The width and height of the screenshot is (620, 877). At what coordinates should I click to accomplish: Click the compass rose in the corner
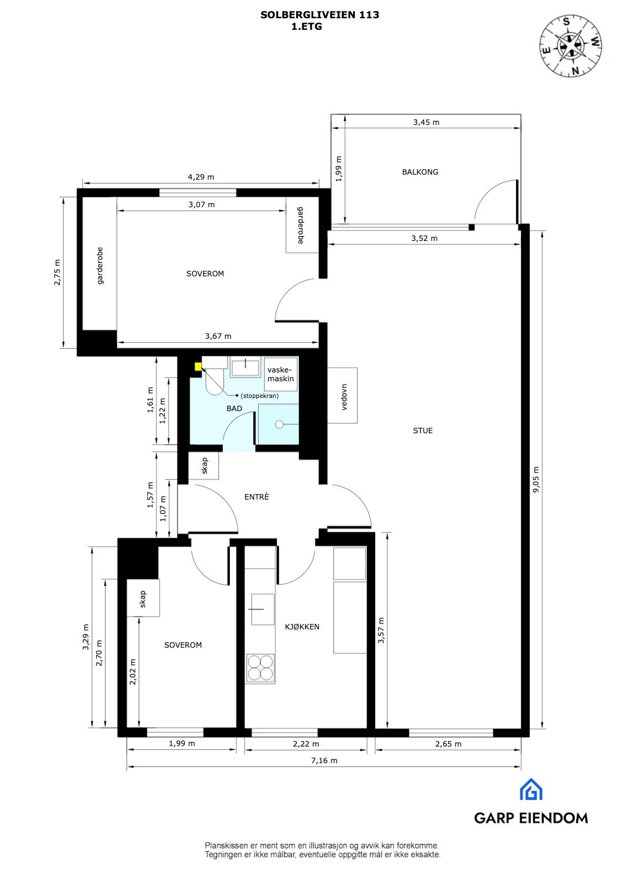point(571,46)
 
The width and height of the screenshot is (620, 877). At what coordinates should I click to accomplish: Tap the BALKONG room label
point(420,172)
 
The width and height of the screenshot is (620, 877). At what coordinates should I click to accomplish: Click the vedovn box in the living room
point(342,396)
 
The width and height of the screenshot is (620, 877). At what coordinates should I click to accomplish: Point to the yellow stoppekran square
point(198,366)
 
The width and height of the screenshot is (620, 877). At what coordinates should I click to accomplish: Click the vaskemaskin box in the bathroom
point(280,375)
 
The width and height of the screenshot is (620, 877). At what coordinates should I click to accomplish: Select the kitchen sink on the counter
point(263,609)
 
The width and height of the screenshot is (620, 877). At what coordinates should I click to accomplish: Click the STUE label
point(423,430)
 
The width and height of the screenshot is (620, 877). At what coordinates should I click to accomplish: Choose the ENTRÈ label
point(256,497)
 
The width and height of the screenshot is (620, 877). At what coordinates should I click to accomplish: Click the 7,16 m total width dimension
point(324,760)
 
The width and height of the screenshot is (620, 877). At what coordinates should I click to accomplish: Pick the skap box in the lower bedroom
point(143,598)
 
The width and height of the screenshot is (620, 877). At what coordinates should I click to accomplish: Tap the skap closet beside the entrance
point(204,466)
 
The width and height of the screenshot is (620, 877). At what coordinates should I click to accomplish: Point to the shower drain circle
point(279,424)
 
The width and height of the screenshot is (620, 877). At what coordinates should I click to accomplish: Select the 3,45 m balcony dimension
point(426,122)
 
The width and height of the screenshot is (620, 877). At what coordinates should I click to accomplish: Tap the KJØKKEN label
point(302,627)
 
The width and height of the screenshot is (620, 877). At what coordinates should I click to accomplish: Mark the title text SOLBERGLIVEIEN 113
point(319,15)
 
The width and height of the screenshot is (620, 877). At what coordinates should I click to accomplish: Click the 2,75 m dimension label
point(57,272)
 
